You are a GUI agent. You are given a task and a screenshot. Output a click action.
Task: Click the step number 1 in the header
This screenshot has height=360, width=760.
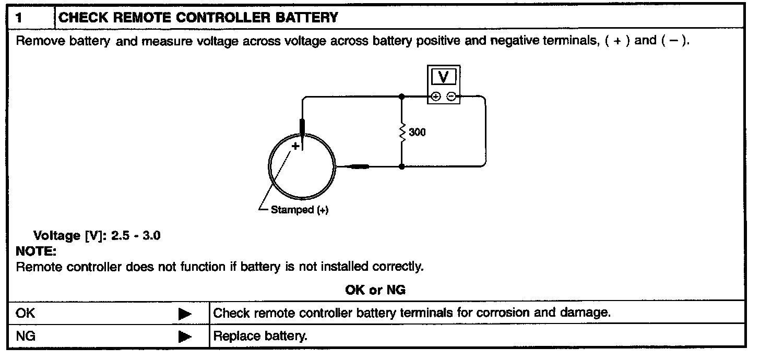click(x=19, y=18)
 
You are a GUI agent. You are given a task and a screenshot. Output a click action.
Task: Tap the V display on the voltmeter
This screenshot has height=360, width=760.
click(x=444, y=77)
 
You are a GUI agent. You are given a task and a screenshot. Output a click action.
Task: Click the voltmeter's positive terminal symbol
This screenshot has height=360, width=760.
click(x=436, y=96)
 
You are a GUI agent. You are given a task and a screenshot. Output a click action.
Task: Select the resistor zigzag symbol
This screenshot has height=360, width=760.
click(x=401, y=132)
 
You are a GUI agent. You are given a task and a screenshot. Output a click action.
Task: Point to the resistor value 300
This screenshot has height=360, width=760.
click(x=417, y=133)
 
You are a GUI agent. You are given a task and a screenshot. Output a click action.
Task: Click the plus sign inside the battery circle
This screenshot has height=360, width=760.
click(x=295, y=147)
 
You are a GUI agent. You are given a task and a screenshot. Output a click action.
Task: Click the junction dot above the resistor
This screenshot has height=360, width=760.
click(x=401, y=97)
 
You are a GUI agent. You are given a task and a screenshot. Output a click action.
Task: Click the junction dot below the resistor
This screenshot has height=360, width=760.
click(x=401, y=166)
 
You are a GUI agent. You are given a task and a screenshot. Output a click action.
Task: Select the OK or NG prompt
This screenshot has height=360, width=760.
click(x=375, y=290)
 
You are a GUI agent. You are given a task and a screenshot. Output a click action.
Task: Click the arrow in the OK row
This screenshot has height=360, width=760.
click(x=185, y=314)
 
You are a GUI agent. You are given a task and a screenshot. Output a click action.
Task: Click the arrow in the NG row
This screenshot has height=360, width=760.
click(x=185, y=337)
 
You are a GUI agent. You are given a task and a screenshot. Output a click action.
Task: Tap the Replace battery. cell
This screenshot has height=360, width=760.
click(x=260, y=337)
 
